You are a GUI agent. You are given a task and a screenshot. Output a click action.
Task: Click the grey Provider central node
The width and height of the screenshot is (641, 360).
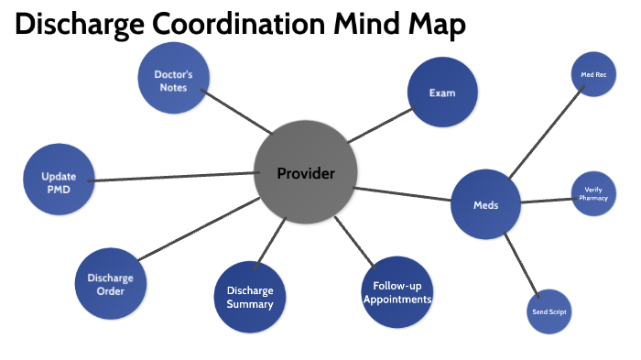(x=305, y=172)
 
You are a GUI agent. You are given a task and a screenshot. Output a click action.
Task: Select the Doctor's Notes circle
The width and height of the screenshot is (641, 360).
(x=172, y=81)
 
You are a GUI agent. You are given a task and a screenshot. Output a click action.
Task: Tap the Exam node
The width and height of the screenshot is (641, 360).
(x=442, y=93)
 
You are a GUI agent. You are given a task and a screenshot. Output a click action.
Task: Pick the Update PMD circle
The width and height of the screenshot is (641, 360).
(x=59, y=179)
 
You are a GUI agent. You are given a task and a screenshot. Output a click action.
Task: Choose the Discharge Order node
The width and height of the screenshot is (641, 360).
(x=111, y=284)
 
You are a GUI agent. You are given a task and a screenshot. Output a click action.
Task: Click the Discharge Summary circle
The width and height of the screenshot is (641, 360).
(x=250, y=298)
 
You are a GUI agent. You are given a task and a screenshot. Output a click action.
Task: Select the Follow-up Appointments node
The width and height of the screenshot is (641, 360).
(x=397, y=292)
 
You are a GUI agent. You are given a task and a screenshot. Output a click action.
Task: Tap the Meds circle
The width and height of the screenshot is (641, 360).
(x=485, y=205)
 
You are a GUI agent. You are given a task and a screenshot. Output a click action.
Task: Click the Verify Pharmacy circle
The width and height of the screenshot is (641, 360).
(x=593, y=194)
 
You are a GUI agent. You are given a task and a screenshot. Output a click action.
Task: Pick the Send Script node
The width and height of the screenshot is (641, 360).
(x=549, y=312)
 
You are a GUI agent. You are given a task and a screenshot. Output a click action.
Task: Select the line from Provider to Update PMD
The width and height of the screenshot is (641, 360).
(x=174, y=177)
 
